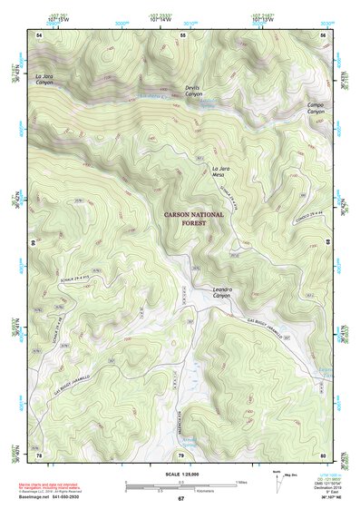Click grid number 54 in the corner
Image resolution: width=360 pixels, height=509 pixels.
tap(39, 34)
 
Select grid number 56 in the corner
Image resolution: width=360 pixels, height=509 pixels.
tap(324, 34)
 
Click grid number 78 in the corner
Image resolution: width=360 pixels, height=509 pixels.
tap(39, 454)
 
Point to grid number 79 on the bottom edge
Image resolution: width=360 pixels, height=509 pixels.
tap(180, 454)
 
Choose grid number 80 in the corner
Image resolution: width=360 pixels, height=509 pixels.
tap(324, 454)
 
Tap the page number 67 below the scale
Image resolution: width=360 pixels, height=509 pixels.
tap(180, 498)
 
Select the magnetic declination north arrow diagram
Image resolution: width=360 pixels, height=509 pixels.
tap(277, 482)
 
